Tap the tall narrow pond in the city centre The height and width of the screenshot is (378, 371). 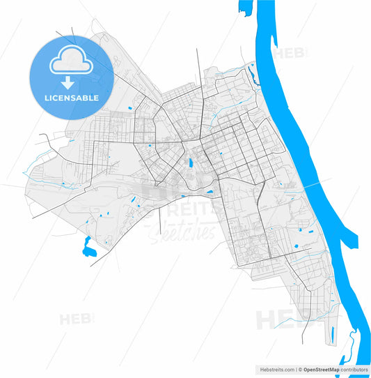[190, 165]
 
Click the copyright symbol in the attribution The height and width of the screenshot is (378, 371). [300, 368]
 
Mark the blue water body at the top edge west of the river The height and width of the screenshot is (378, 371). [243, 8]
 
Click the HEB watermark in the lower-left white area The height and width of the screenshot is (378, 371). [75, 319]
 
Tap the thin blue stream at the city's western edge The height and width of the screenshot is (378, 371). [31, 172]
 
